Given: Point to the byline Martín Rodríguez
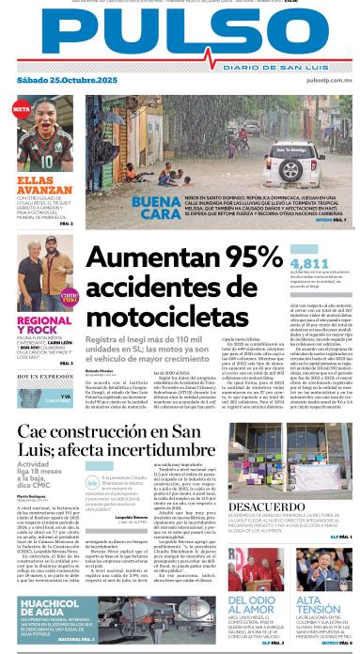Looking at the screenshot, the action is [32, 493].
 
